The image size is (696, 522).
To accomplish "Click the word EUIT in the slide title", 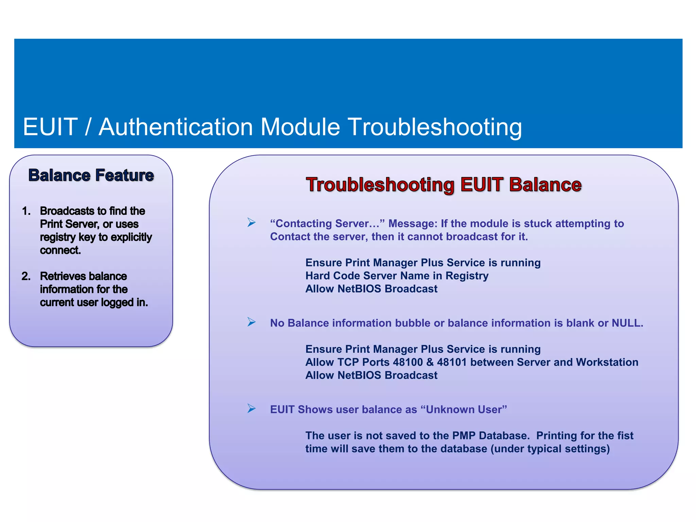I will coord(50,127).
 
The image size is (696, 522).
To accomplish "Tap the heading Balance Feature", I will coord(91,175).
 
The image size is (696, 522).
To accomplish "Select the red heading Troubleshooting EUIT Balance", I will coord(443,185).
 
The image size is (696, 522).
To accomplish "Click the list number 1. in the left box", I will coord(26,211).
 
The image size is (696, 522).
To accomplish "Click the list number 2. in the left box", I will coord(26,276).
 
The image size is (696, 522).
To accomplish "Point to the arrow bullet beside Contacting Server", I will coord(251,223).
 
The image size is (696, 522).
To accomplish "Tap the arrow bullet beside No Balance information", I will coord(251,322).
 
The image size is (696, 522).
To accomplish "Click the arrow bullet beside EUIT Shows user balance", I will coord(251,408).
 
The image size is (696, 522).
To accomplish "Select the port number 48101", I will coord(452,362).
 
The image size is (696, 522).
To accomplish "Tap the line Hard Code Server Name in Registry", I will coord(397,276).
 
